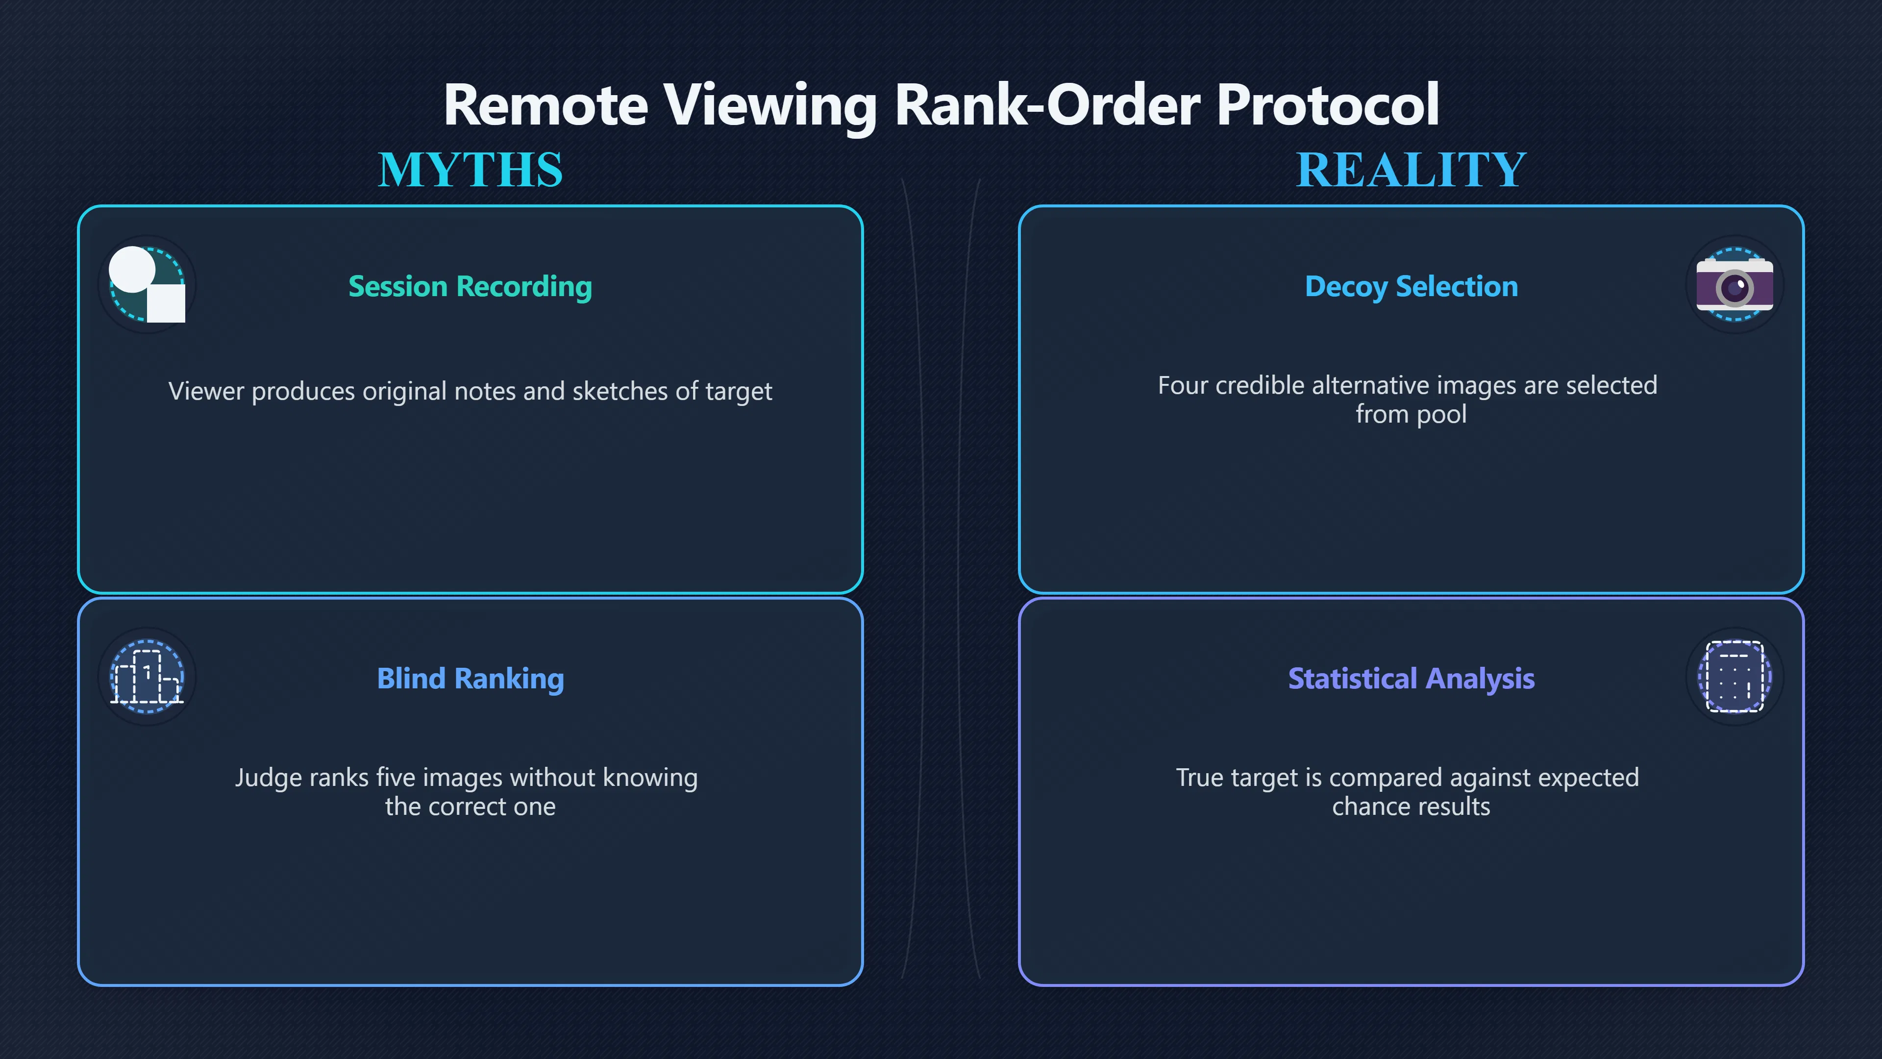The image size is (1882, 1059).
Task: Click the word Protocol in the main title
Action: pyautogui.click(x=1328, y=104)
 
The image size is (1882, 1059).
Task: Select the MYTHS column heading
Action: pyautogui.click(x=470, y=170)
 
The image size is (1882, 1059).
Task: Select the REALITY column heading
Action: pyautogui.click(x=1411, y=170)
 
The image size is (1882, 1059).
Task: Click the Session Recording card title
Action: pyautogui.click(x=470, y=286)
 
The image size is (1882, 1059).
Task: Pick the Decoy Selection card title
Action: pyautogui.click(x=1411, y=286)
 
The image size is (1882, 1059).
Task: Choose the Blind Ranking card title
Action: pyautogui.click(x=470, y=679)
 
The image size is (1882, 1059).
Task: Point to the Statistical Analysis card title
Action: pyautogui.click(x=1411, y=679)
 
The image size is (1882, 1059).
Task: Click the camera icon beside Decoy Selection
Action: pyautogui.click(x=1734, y=285)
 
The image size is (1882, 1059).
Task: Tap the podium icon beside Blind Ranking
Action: pyautogui.click(x=147, y=677)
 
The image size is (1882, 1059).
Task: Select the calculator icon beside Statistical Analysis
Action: pyautogui.click(x=1734, y=677)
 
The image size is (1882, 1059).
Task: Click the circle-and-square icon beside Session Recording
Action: pyautogui.click(x=147, y=284)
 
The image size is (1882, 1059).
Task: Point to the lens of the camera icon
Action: pyautogui.click(x=1734, y=287)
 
